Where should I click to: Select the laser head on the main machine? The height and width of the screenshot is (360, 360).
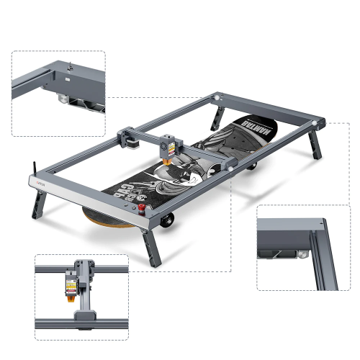168,148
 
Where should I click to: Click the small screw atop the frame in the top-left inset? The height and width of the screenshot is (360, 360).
70,67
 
